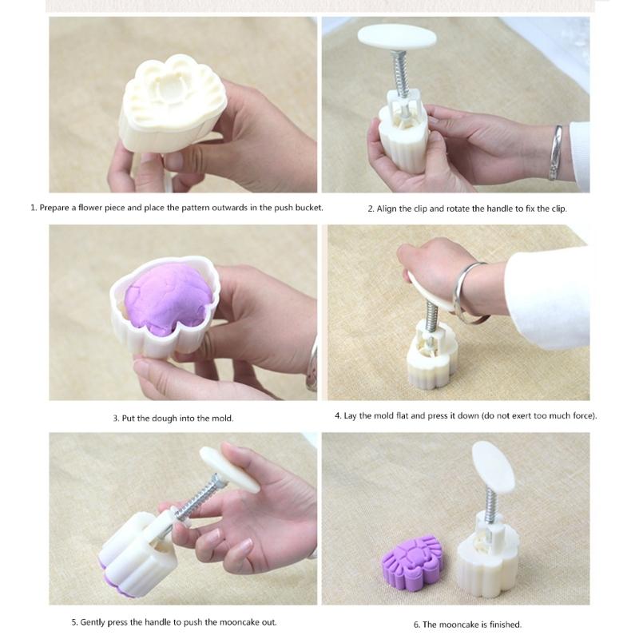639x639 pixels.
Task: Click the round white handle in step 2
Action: point(397,37)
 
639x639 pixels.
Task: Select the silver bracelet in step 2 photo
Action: point(556,153)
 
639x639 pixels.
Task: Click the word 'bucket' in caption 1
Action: point(309,208)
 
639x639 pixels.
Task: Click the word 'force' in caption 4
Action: point(581,415)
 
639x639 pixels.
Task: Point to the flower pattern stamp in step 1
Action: point(173,94)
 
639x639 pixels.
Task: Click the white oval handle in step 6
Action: point(494,466)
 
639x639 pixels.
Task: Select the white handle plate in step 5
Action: point(229,469)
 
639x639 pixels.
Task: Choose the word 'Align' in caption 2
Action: point(387,208)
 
